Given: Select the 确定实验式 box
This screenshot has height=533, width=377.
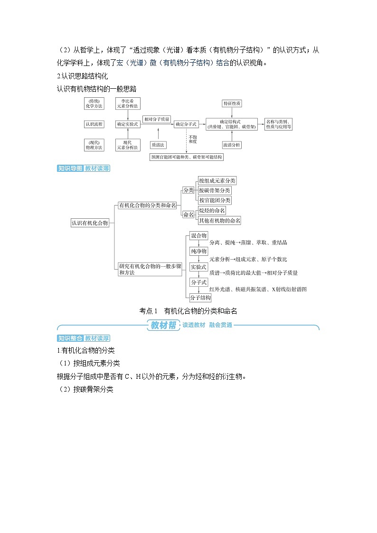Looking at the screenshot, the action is (x=128, y=124).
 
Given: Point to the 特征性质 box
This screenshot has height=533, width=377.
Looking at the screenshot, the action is (x=232, y=103).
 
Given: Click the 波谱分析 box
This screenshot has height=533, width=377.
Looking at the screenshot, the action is (x=232, y=144).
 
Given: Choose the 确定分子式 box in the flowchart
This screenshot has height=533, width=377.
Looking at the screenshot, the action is (x=186, y=124).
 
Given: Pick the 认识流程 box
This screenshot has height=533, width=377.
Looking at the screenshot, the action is (x=94, y=124).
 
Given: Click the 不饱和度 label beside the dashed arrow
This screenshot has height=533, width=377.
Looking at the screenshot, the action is (x=192, y=139).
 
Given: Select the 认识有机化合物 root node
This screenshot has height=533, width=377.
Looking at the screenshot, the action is (x=90, y=223).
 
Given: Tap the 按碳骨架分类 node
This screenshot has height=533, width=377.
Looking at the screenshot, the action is (x=215, y=190).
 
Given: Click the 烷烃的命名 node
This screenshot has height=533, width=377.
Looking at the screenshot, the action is (x=212, y=210).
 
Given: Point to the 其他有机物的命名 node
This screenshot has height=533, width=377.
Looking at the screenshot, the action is (x=219, y=220).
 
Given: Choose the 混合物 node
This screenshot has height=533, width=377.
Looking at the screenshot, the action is (x=198, y=236).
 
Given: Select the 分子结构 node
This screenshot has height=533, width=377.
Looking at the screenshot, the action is (x=200, y=298).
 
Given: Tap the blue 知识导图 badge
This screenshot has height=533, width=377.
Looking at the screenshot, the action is (x=70, y=168).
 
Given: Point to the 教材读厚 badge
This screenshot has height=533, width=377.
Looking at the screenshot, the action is (x=97, y=338).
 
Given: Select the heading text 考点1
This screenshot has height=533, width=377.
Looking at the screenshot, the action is (x=148, y=311).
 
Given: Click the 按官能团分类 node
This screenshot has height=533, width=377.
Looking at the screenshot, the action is (x=215, y=200).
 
